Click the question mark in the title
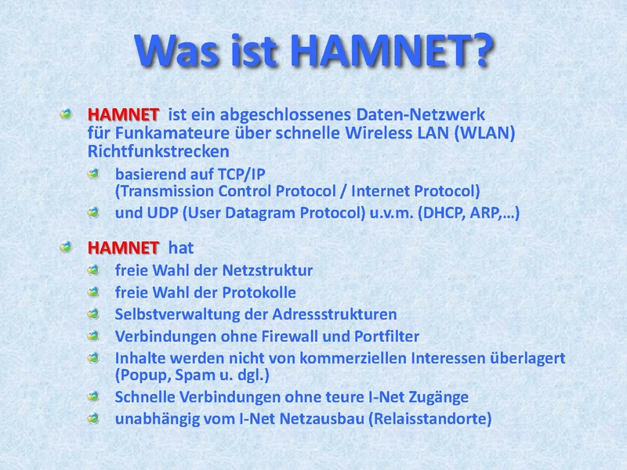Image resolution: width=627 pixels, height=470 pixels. (x=478, y=50)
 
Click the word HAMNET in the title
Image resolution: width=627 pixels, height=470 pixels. (x=377, y=50)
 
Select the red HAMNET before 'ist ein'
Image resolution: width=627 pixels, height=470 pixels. (x=123, y=114)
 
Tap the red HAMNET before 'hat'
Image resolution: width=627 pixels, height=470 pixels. (x=123, y=248)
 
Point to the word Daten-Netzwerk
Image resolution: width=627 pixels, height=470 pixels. (x=420, y=114)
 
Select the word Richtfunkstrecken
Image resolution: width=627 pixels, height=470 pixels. (x=158, y=151)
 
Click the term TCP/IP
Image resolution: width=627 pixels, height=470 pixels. (x=241, y=174)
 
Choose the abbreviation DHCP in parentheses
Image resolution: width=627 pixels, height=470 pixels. (x=441, y=212)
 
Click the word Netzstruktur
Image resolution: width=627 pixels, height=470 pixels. (x=267, y=270)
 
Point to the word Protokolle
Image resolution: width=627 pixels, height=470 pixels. (x=259, y=292)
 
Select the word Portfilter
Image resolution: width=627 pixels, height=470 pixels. (x=386, y=336)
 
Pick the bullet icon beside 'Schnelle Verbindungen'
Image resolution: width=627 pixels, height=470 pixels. (x=93, y=396)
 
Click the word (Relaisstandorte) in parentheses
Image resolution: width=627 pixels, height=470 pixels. (x=429, y=419)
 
